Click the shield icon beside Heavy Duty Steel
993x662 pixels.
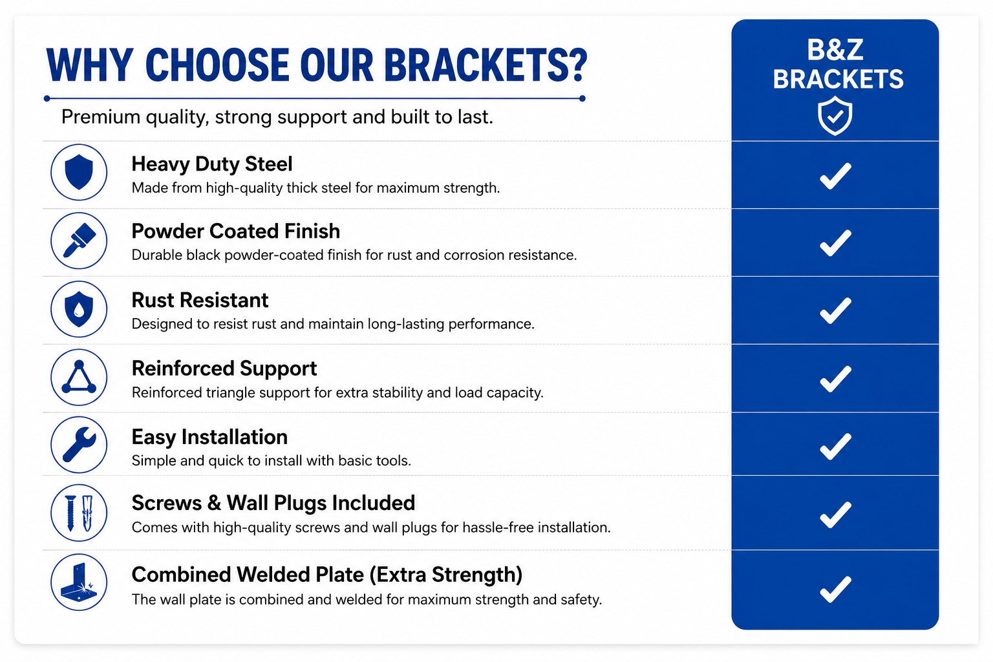(79, 172)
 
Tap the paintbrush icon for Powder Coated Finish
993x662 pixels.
(79, 240)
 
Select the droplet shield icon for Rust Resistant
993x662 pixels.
(79, 309)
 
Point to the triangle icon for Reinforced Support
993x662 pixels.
(79, 378)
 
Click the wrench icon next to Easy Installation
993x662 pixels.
(79, 445)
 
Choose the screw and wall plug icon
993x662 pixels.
(79, 513)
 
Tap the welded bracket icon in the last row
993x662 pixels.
(79, 582)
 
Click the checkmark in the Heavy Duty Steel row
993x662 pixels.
(836, 176)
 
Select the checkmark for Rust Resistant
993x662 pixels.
(836, 311)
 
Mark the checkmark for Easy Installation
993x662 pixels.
(836, 447)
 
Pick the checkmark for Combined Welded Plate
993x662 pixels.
(836, 590)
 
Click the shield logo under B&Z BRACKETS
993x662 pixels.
(835, 116)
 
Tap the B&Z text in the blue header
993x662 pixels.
(835, 50)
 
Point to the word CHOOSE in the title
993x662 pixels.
(217, 65)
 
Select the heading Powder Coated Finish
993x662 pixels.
(236, 231)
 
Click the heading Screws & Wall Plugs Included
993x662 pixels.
(273, 503)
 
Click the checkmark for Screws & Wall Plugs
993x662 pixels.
(836, 515)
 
